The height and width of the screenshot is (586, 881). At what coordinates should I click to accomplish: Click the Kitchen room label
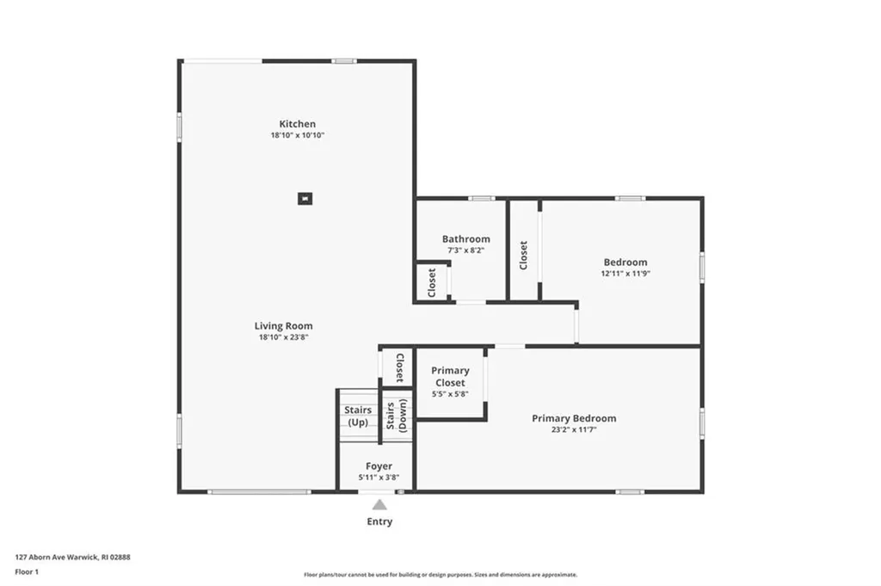(x=297, y=124)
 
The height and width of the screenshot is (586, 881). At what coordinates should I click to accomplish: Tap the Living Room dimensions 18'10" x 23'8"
(x=283, y=337)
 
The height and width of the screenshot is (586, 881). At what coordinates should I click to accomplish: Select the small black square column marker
(x=305, y=199)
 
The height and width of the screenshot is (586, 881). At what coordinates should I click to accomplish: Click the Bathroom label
(x=465, y=239)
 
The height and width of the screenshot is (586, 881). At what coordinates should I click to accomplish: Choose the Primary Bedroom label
(x=574, y=418)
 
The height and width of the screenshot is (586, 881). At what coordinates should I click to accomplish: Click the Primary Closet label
(x=450, y=377)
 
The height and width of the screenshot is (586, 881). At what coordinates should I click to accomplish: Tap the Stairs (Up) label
(x=358, y=416)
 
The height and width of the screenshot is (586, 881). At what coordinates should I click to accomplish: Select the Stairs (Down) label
(x=396, y=416)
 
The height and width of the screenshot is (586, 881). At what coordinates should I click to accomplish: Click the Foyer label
(x=379, y=466)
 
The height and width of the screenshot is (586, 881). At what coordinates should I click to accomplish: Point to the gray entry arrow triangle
(x=379, y=505)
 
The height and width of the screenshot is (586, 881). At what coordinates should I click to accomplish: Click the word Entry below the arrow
(x=379, y=521)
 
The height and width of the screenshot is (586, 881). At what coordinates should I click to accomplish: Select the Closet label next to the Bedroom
(x=523, y=255)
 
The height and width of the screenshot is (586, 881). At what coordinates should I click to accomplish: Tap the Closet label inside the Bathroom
(x=432, y=281)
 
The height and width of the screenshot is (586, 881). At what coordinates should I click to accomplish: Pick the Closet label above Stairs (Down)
(x=399, y=367)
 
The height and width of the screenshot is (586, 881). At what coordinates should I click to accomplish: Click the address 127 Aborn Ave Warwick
(x=73, y=557)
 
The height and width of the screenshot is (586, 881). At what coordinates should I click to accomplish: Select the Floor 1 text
(x=28, y=571)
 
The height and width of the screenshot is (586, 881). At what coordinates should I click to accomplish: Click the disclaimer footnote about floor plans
(x=440, y=575)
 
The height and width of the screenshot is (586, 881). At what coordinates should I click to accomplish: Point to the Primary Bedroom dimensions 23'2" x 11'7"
(x=574, y=429)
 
